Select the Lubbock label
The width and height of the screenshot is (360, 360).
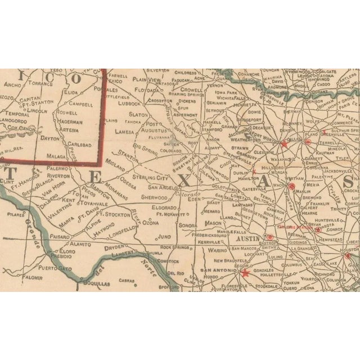coord(129,103)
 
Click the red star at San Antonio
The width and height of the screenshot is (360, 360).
coord(244,274)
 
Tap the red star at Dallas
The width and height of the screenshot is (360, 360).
coord(284,145)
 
